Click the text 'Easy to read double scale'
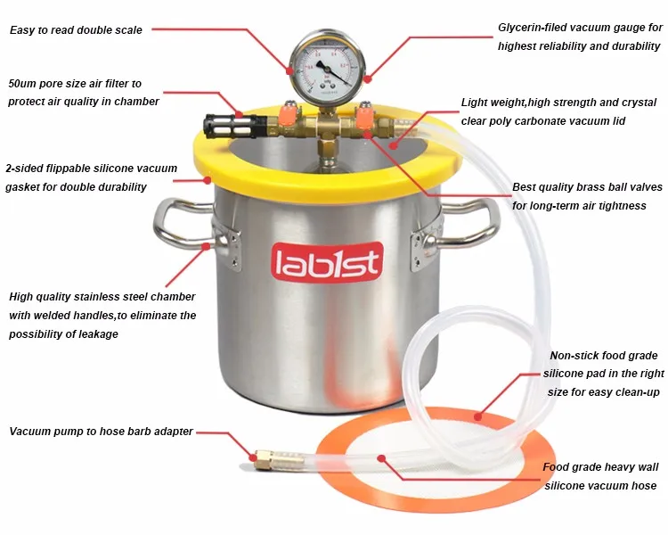click(x=76, y=30)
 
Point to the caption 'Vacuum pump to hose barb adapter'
click(x=101, y=432)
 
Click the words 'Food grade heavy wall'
click(x=599, y=467)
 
